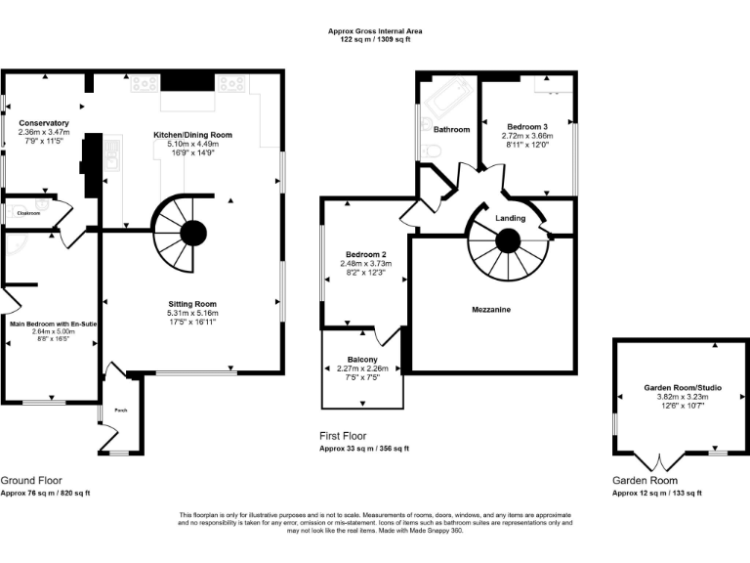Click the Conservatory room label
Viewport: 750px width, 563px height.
coord(44,123)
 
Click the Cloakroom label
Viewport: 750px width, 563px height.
coord(21,212)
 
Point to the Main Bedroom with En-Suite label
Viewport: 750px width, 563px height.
coord(54,323)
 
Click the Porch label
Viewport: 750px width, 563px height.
coord(121,411)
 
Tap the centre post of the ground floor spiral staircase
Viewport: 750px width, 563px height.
coord(192,233)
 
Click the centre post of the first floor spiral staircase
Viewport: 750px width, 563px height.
coord(508,240)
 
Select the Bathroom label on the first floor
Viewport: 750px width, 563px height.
coord(452,129)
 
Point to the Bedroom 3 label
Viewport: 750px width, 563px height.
coord(527,127)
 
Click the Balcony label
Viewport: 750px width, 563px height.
coord(361,359)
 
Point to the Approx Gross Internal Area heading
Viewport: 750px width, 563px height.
coord(375,31)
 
